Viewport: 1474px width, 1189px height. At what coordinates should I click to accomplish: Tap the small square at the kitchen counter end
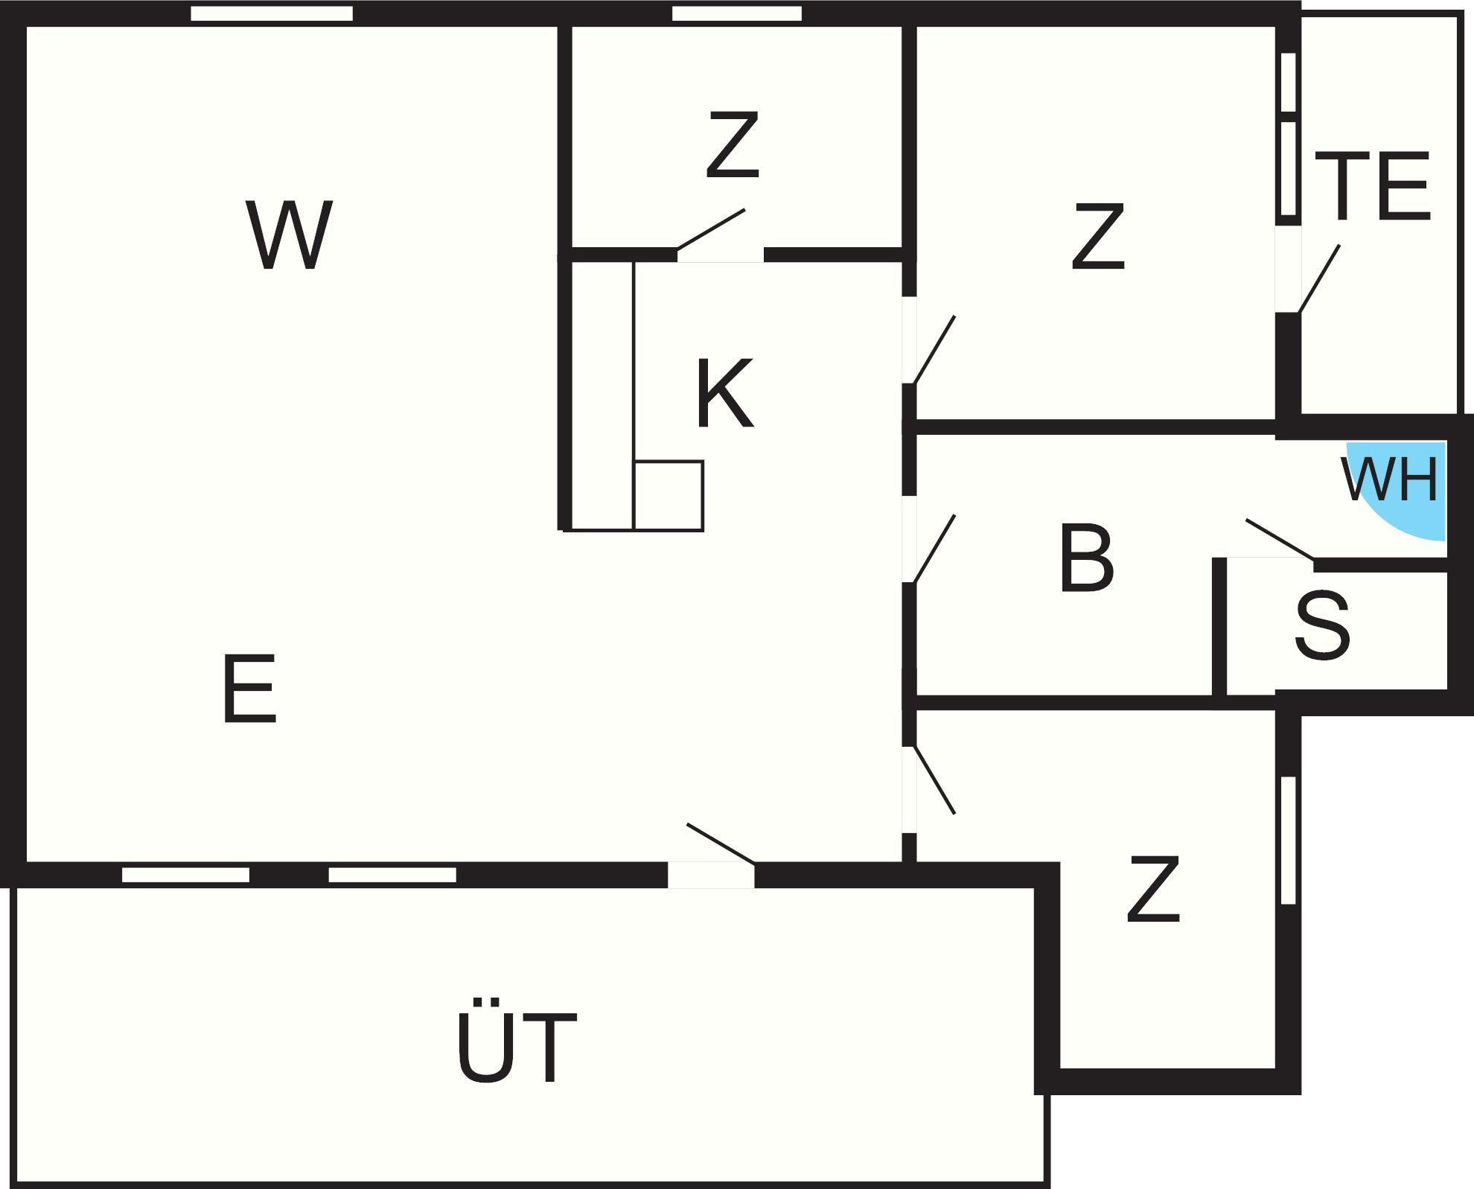[x=669, y=495]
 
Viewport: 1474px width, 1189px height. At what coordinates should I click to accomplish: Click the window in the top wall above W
[x=272, y=13]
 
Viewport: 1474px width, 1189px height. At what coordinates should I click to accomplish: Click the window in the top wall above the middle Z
[x=737, y=13]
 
